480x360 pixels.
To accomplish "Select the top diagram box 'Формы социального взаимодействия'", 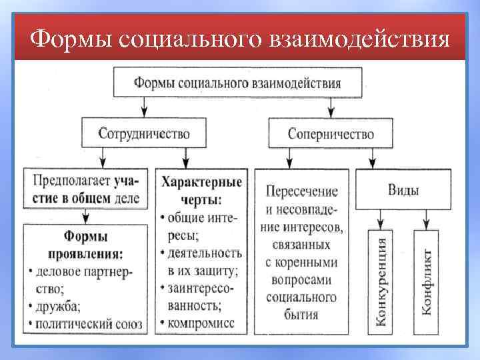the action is pyautogui.click(x=238, y=83).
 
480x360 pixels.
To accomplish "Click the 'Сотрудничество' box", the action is pyautogui.click(x=144, y=133).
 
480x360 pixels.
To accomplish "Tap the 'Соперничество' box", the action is pyautogui.click(x=330, y=133).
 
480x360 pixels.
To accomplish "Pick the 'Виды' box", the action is pyautogui.click(x=403, y=190).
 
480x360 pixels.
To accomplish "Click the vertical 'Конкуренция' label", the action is pyautogui.click(x=381, y=281).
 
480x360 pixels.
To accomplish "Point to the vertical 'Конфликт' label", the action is pyautogui.click(x=426, y=281).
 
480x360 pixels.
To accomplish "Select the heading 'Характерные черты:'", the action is pyautogui.click(x=201, y=190).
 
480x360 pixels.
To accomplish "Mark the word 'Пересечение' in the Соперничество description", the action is pyautogui.click(x=302, y=191).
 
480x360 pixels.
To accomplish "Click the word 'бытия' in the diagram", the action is pyautogui.click(x=302, y=313).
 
